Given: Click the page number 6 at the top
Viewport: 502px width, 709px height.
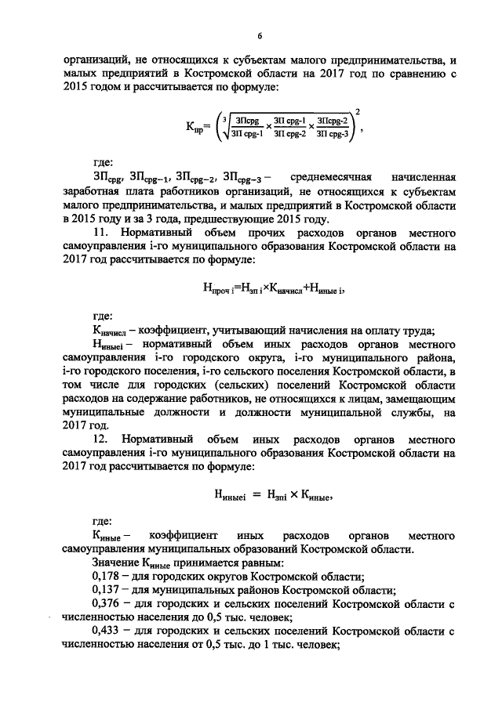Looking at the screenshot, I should click(260, 35).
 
